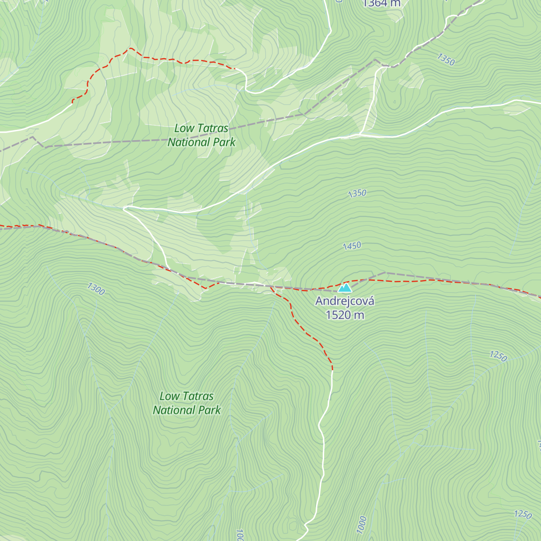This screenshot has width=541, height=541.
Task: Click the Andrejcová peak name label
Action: tap(344, 301)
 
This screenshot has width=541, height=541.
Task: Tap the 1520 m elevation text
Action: tap(344, 315)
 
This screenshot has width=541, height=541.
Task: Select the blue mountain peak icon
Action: tap(345, 288)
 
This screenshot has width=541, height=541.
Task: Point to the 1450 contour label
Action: tap(352, 246)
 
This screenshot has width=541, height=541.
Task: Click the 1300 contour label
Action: tap(96, 289)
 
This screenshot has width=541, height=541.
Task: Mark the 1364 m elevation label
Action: tap(381, 4)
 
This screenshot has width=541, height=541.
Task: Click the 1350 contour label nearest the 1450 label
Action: tap(357, 193)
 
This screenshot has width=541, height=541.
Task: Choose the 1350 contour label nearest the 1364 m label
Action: tap(445, 59)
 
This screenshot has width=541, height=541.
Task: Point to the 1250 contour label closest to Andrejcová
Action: tap(498, 356)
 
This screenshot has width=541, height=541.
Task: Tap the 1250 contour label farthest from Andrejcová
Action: tap(523, 514)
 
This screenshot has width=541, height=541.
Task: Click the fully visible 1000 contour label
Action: tap(361, 525)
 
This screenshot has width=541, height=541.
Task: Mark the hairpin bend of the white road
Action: tap(125, 208)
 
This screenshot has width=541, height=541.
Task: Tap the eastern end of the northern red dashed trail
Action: tap(235, 69)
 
